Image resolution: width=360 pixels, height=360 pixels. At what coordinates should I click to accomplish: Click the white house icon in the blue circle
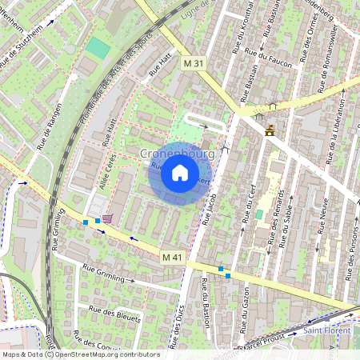tap(180, 173)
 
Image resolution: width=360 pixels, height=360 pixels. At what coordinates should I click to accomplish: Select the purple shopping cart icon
tap(107, 218)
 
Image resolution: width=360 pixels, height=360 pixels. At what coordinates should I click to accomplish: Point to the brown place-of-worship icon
tap(270, 130)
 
